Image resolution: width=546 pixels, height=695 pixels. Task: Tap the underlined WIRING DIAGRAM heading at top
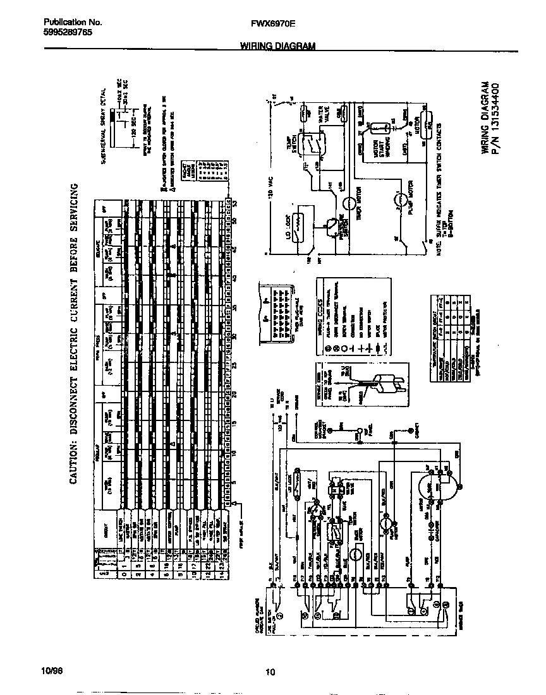pos(277,46)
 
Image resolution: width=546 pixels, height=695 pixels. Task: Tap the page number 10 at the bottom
pos(270,672)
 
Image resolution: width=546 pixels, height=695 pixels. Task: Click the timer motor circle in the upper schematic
pos(349,203)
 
